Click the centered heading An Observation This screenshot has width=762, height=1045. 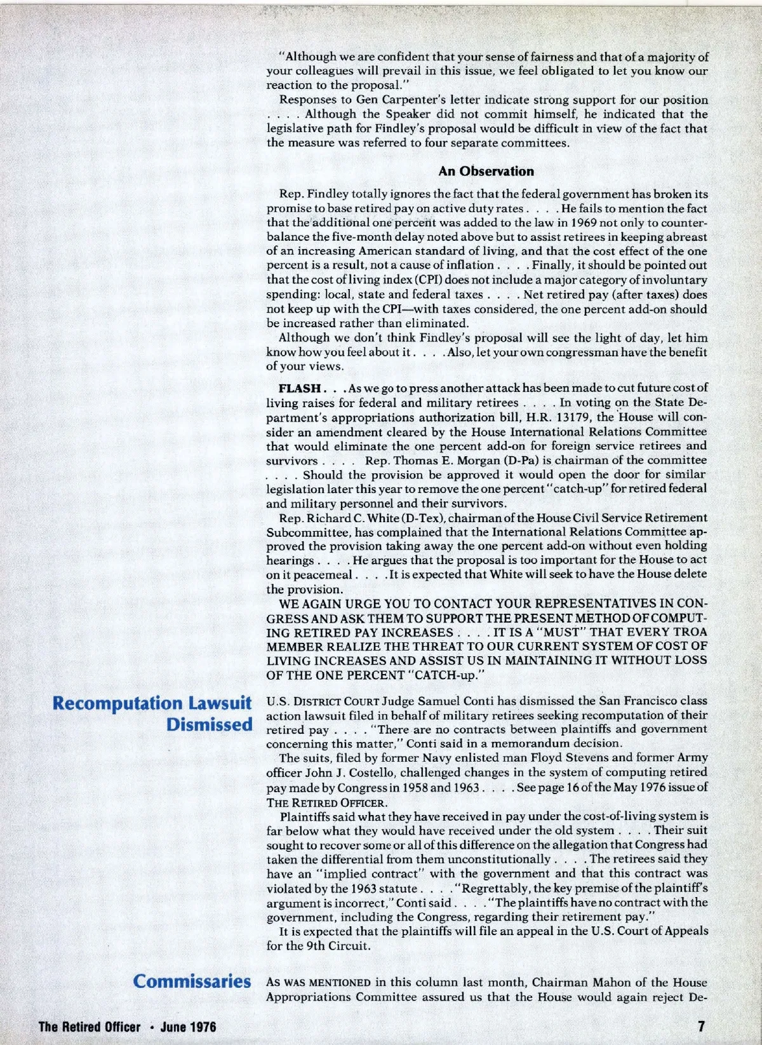[x=486, y=171]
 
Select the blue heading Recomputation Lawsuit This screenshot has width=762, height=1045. [x=153, y=703]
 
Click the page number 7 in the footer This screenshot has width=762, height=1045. [x=701, y=1025]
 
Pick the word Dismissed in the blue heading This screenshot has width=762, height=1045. [x=210, y=725]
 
